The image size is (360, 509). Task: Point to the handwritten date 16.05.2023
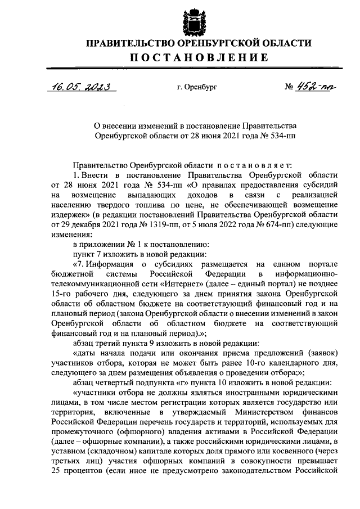[80, 87]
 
